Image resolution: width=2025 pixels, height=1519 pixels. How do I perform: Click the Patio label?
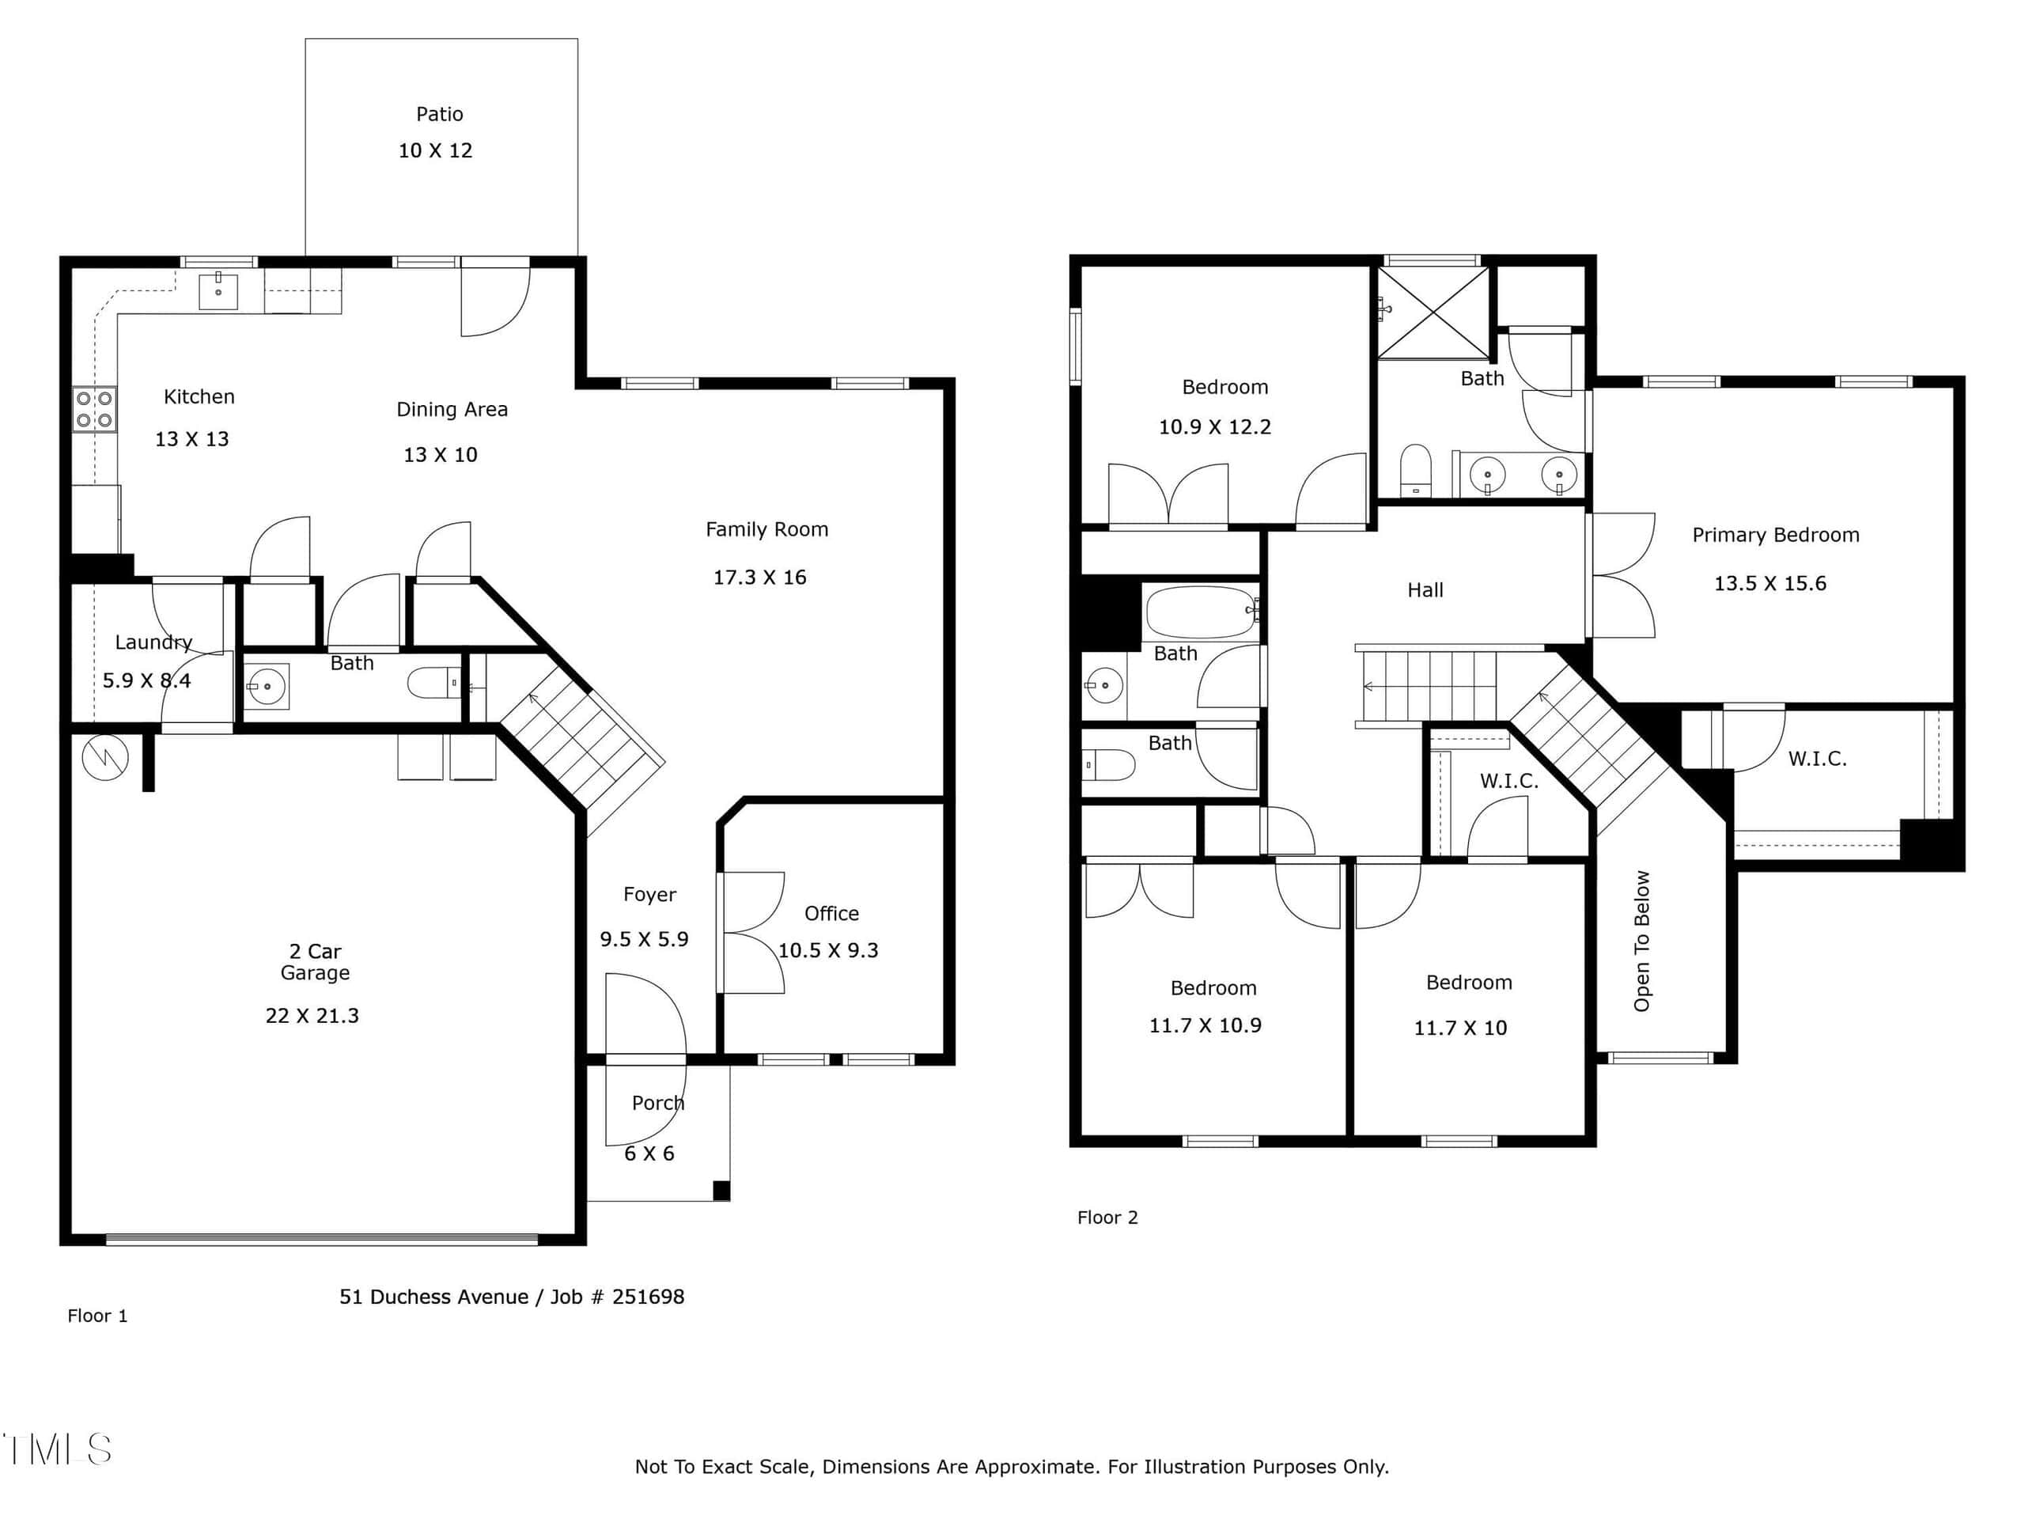(x=440, y=115)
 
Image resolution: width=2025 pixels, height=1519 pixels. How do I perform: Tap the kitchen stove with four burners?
(x=94, y=409)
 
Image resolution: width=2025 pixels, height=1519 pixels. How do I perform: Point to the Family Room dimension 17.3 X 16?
(x=760, y=578)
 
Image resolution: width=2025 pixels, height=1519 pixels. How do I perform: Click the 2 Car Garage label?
(x=315, y=962)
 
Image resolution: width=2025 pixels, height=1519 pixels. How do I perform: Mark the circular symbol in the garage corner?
(x=105, y=757)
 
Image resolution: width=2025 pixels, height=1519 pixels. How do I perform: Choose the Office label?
(x=831, y=914)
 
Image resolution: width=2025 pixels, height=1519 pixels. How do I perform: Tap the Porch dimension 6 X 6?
(x=649, y=1153)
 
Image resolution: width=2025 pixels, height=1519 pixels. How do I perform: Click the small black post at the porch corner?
(x=721, y=1191)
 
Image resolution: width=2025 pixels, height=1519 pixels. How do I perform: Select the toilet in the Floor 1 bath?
(x=434, y=683)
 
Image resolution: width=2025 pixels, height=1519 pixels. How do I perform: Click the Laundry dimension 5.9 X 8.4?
(x=146, y=680)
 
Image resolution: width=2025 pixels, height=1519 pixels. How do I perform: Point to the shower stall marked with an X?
(x=1433, y=313)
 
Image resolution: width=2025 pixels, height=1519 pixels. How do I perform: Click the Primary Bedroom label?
(x=1775, y=536)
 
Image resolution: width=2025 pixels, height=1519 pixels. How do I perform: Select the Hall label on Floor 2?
(x=1425, y=590)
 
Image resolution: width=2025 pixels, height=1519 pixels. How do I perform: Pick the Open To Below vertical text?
(x=1641, y=941)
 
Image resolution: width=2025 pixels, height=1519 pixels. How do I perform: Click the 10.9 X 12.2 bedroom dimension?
(x=1215, y=427)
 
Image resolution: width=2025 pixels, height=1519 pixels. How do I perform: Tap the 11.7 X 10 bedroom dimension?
(x=1460, y=1028)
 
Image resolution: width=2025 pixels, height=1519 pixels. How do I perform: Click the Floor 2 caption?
(x=1107, y=1218)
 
